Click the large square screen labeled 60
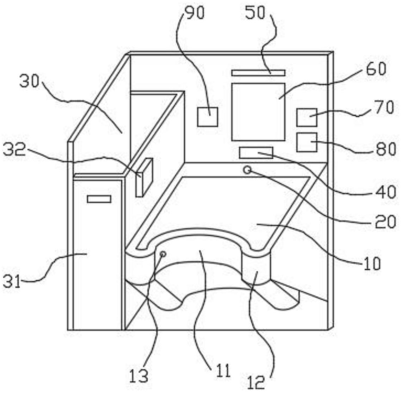coord(258,111)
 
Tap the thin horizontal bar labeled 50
coord(258,73)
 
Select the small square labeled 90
coord(207,117)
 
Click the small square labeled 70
coord(307,117)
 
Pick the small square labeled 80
coord(307,142)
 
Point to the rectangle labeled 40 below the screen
coord(256,153)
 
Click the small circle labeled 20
coord(247,170)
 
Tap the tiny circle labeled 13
coord(163,254)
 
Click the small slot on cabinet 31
coord(99,199)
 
